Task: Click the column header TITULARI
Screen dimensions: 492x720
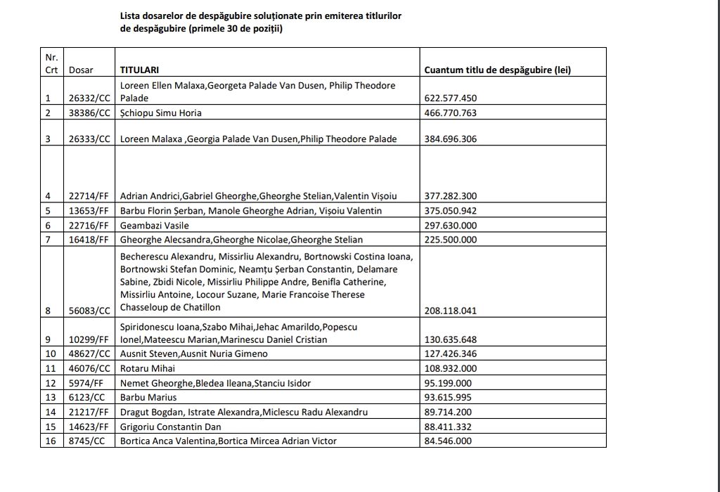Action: click(x=139, y=70)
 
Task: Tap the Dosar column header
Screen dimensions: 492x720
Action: click(x=81, y=70)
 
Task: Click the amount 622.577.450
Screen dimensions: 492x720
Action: click(x=451, y=98)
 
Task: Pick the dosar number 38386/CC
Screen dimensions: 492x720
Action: click(x=89, y=112)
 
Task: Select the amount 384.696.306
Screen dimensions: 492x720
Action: click(x=451, y=138)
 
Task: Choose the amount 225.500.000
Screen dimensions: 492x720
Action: click(x=451, y=239)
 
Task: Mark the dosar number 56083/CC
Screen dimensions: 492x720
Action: click(x=89, y=310)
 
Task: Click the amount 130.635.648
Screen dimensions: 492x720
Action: click(x=451, y=339)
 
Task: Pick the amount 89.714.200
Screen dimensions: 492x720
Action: click(x=448, y=412)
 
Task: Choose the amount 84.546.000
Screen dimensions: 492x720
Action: click(x=448, y=441)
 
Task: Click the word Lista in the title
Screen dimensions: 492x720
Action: click(x=130, y=15)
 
